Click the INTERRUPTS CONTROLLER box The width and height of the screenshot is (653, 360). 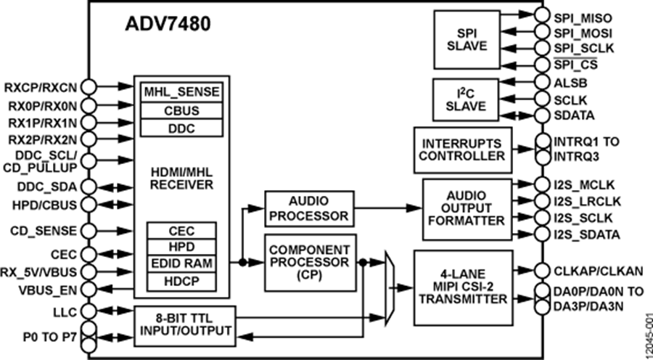(x=459, y=148)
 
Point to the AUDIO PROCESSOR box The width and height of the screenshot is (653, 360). (x=309, y=208)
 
